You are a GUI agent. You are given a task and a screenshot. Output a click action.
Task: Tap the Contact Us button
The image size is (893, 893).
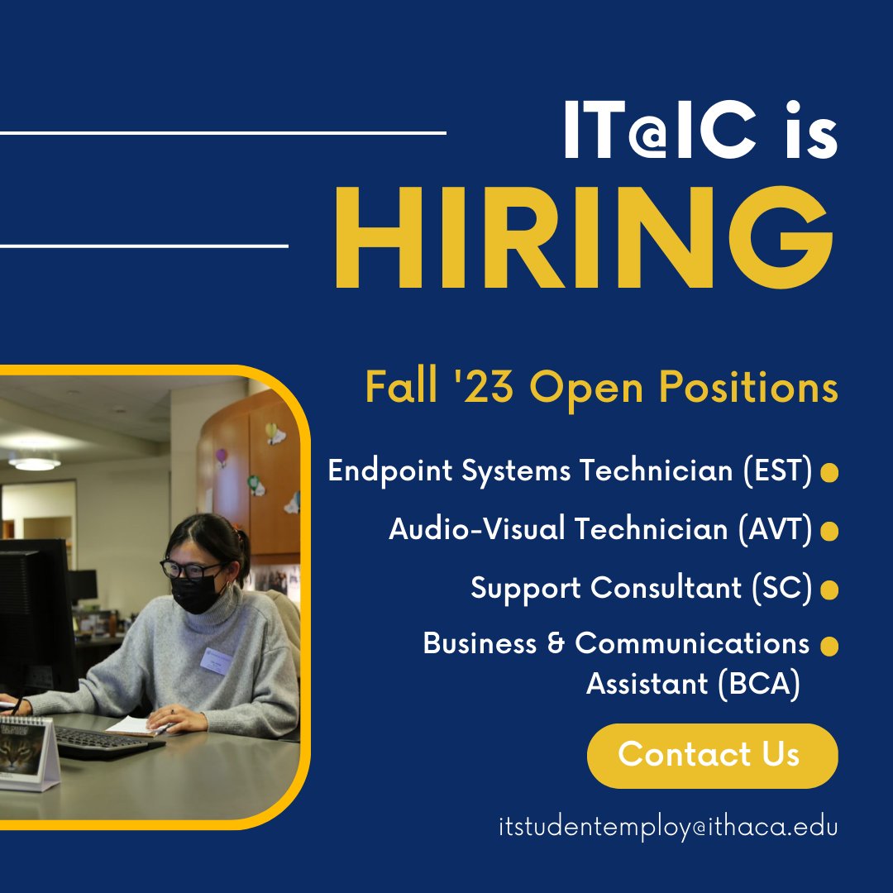[712, 755]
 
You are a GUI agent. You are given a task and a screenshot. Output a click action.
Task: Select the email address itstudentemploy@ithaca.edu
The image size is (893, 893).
[668, 827]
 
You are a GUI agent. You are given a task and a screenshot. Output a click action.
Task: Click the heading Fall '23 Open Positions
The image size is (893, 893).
[601, 388]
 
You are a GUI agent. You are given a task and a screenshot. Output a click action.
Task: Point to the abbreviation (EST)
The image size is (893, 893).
[774, 471]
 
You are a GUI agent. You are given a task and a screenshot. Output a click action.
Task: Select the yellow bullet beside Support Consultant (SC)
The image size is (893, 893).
[829, 590]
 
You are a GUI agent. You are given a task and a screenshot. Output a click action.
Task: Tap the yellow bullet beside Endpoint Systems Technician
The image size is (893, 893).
[829, 472]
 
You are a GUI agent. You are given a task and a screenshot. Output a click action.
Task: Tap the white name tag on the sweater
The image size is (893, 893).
[217, 659]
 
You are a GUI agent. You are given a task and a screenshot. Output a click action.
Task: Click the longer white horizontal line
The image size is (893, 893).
[223, 132]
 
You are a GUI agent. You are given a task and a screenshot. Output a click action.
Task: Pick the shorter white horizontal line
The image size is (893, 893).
[144, 246]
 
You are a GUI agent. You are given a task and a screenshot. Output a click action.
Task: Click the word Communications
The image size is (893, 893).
[692, 643]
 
